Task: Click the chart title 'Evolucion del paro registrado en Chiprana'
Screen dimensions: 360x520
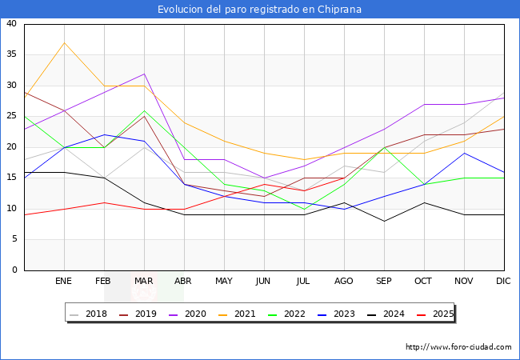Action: pos(259,10)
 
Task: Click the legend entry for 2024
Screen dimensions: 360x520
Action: pos(386,314)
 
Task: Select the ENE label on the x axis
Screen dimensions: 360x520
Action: pos(64,282)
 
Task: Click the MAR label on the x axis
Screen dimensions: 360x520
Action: pos(144,282)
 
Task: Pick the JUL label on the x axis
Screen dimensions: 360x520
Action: pos(304,282)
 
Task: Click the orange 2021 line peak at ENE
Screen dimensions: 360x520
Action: pos(64,42)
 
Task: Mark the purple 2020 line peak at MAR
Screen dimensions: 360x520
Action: pos(144,74)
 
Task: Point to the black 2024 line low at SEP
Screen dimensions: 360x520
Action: pos(384,221)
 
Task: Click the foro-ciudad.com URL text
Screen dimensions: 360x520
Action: pos(458,347)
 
